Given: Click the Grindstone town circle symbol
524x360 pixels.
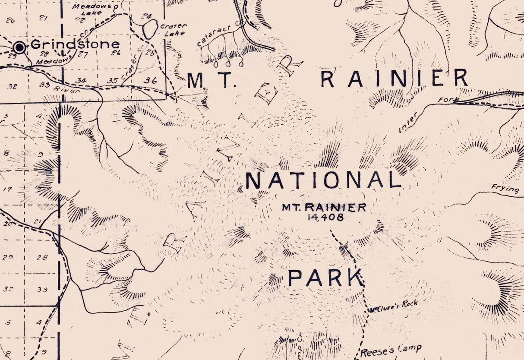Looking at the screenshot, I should [19, 47].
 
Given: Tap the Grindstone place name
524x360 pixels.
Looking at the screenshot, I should [75, 44].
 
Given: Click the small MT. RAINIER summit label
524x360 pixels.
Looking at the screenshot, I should [324, 208].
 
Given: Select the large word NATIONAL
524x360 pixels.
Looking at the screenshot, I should [323, 180].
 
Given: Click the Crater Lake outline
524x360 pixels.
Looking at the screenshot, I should [150, 29].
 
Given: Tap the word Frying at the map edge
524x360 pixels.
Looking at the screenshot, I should [505, 189].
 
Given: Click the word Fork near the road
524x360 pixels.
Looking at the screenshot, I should [446, 100].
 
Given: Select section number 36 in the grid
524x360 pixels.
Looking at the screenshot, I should [150, 80].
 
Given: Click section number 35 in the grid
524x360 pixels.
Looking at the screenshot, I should [112, 81].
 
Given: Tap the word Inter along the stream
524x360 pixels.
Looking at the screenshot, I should [408, 122].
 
